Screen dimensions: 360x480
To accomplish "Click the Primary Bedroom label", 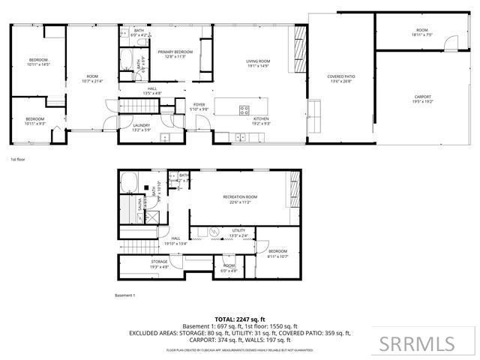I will [175, 54].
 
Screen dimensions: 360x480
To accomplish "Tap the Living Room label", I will [258, 64].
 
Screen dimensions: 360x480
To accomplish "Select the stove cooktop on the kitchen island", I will [244, 110].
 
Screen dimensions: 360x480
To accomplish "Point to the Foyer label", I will [199, 106].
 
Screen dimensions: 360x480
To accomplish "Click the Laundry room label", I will [142, 127].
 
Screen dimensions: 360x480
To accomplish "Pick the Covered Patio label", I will [340, 79].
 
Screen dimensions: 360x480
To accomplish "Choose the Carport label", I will [422, 98].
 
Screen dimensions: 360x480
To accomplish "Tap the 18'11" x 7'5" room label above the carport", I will [421, 33].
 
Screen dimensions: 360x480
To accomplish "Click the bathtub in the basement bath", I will [128, 181].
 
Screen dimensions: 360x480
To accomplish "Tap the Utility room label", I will [238, 232].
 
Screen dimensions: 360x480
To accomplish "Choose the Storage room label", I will [159, 264].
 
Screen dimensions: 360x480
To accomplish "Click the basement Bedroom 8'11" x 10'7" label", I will [277, 253].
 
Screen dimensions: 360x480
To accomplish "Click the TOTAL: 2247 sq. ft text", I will [240, 319].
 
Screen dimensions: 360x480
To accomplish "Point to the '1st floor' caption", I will [19, 160].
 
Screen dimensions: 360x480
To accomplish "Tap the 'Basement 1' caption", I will [124, 295].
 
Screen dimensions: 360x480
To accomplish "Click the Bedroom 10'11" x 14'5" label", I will [38, 61].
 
